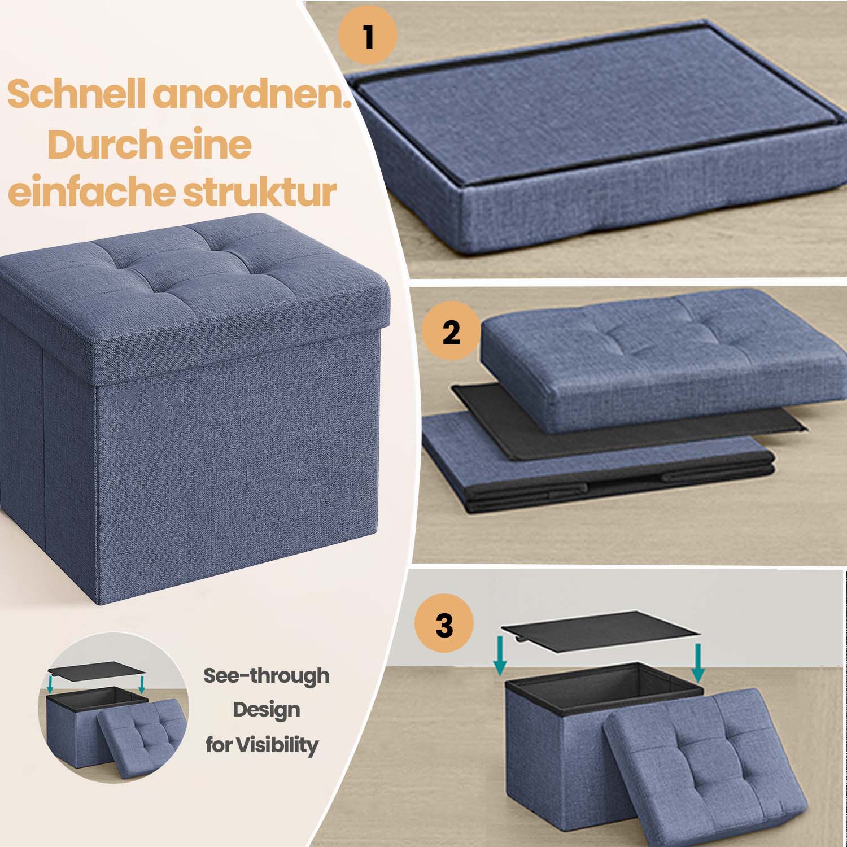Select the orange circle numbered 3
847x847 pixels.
click(444, 625)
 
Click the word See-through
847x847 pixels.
click(266, 675)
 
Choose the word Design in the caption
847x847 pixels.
click(266, 710)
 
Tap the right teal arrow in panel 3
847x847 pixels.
click(698, 662)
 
